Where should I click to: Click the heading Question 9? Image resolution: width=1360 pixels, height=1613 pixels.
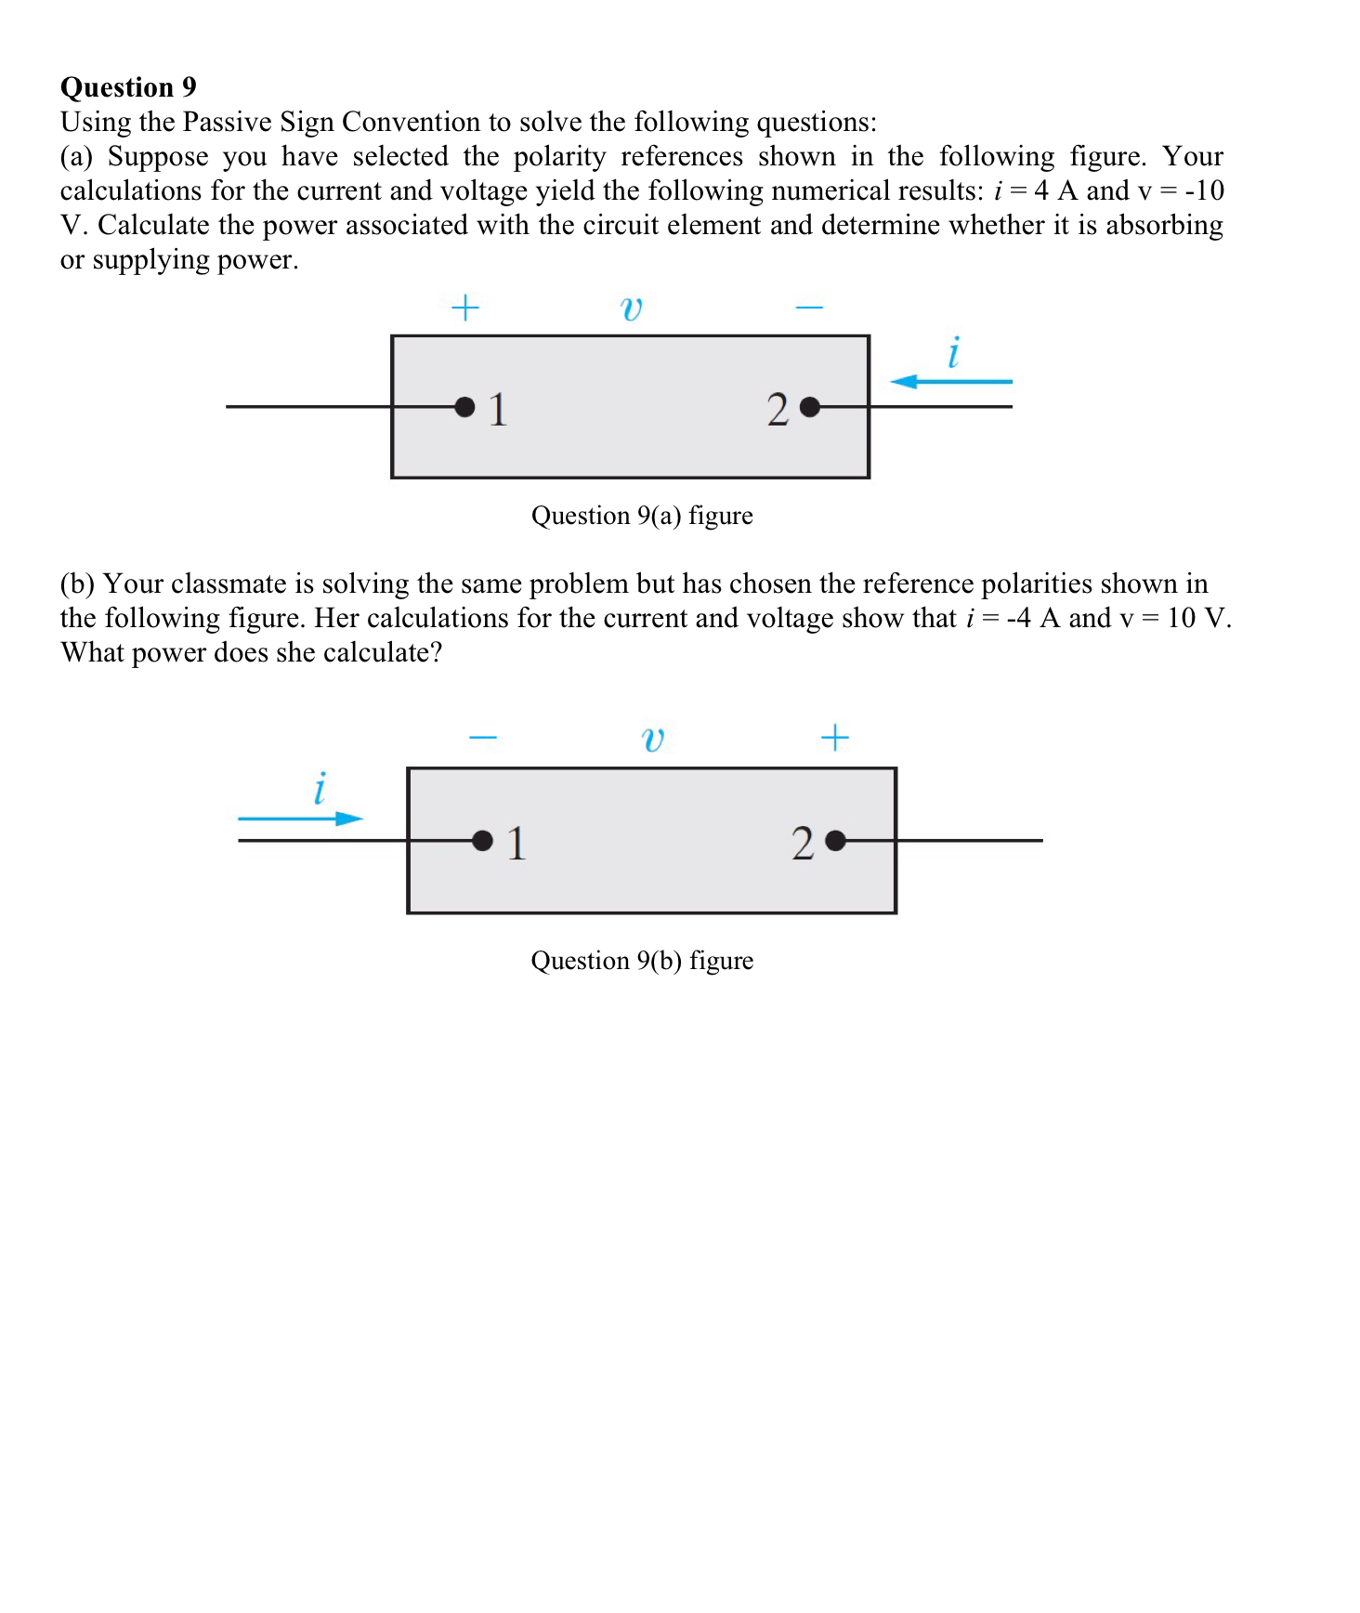(128, 87)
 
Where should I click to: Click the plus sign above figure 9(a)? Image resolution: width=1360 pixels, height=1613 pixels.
(464, 308)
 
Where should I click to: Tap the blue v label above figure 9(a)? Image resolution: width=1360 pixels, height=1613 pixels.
(632, 308)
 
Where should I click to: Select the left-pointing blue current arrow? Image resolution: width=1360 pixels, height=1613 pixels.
(950, 382)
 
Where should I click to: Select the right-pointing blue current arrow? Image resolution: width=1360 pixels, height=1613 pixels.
(300, 819)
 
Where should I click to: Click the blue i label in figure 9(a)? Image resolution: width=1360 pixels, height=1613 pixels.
(953, 353)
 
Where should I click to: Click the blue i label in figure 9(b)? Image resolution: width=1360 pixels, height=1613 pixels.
(320, 789)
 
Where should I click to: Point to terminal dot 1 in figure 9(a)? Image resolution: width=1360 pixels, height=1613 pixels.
(464, 407)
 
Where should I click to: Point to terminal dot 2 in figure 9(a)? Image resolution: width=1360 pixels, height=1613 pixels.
(809, 407)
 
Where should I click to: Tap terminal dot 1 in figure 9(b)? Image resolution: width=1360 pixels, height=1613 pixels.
(482, 841)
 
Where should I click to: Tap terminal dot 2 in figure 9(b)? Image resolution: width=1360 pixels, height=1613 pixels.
(835, 841)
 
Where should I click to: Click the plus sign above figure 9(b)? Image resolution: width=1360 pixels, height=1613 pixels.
(834, 738)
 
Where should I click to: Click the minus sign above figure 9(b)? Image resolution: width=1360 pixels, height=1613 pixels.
(483, 739)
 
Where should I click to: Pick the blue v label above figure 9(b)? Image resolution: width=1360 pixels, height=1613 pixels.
(653, 740)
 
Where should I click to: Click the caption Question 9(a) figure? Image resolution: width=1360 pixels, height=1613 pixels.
(642, 516)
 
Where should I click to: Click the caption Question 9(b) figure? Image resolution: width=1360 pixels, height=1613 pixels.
(642, 961)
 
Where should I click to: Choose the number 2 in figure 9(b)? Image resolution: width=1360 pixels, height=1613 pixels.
(803, 844)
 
